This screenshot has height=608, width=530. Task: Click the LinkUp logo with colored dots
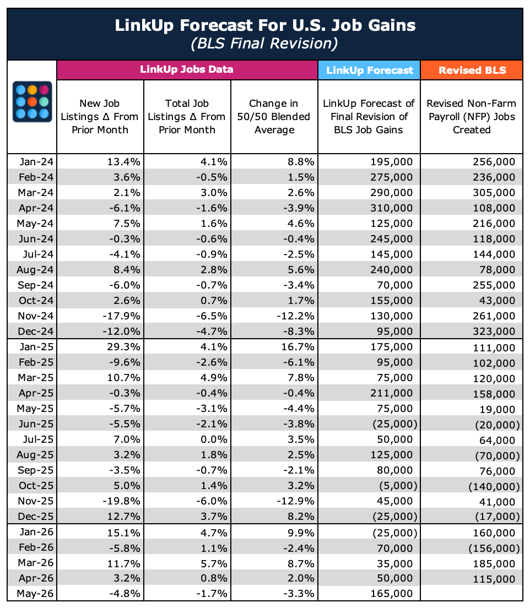[32, 101]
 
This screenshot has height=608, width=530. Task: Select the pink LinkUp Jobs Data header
[187, 70]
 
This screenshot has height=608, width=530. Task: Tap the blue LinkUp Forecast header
[369, 70]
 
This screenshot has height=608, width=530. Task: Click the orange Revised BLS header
[472, 70]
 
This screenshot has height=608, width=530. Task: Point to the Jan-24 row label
[36, 162]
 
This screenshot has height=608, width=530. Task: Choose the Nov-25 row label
[36, 501]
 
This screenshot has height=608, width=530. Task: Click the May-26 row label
[35, 594]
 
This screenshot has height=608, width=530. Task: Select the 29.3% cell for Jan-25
[124, 346]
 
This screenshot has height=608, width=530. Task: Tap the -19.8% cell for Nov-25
[121, 501]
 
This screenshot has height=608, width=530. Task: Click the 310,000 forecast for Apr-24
[392, 208]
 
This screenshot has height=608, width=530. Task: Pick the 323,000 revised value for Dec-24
[494, 331]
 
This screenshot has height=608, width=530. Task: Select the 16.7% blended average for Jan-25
[298, 346]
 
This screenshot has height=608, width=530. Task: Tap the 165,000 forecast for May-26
[392, 594]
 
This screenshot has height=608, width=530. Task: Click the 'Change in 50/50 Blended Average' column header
[274, 117]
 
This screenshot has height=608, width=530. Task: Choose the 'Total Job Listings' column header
[187, 117]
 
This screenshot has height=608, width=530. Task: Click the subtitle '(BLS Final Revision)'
[264, 43]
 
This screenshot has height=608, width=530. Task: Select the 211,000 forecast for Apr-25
[392, 393]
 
